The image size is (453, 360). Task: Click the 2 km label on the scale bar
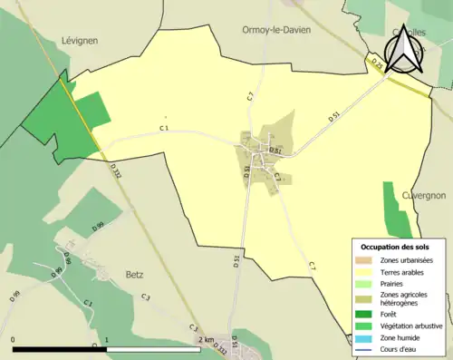pos(207,340)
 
